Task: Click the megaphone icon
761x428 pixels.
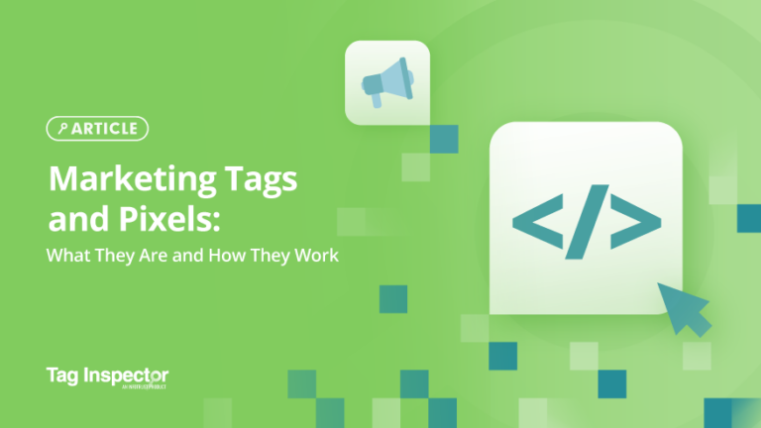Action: pos(386,82)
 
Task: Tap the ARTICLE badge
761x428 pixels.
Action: pos(97,128)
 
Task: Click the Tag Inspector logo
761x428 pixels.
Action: pos(107,377)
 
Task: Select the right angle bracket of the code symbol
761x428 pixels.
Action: pos(636,227)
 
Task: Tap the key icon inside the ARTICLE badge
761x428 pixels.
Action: pos(63,128)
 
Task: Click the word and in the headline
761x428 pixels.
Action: pos(71,220)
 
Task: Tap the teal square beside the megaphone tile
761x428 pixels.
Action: pos(444,139)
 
